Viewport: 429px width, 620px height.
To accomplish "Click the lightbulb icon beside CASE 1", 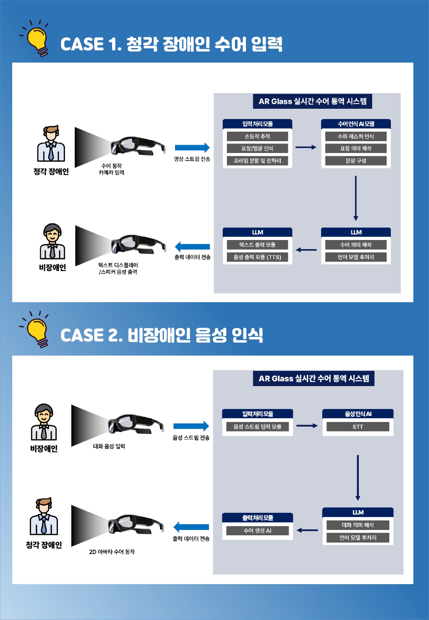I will [x=37, y=40].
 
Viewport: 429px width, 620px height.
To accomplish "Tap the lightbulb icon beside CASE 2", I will [x=37, y=331].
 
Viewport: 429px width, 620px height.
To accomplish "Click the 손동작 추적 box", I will [x=257, y=137].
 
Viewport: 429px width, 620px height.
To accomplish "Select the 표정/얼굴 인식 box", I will [x=257, y=148].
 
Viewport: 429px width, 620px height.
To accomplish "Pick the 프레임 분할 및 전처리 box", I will [x=257, y=161].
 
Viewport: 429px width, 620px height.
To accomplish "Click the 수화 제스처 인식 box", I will [x=356, y=137].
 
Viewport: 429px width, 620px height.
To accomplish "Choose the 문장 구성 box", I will [x=356, y=161].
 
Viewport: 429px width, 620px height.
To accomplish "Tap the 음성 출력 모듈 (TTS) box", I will [x=257, y=257].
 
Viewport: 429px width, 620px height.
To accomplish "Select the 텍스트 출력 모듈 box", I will [x=257, y=245].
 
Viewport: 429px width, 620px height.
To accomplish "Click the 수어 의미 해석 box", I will [x=356, y=245].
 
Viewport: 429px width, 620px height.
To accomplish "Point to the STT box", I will [x=358, y=427].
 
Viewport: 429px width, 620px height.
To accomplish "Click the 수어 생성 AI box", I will [x=257, y=531].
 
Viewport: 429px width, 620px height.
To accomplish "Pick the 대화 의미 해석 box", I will [x=358, y=525].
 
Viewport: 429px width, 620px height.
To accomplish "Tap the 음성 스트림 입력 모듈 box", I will [x=257, y=427].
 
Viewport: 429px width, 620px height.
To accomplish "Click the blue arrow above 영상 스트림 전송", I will [x=192, y=148].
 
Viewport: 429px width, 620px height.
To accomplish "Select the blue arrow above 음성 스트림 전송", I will [x=191, y=426].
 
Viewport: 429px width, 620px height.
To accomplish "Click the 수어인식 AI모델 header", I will [x=356, y=124].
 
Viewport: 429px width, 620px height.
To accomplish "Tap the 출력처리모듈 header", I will [x=257, y=518].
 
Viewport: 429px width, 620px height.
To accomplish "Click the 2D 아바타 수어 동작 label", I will [x=112, y=552].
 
